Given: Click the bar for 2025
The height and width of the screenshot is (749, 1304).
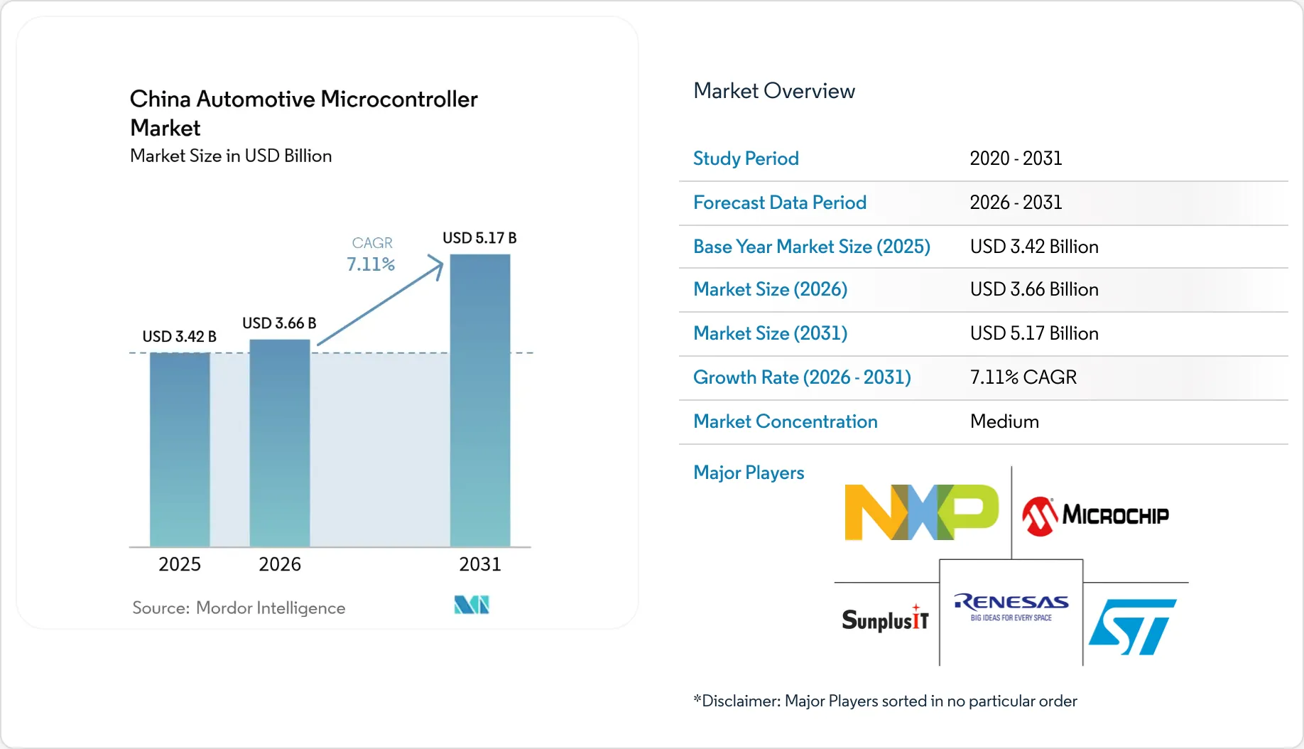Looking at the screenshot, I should (x=180, y=449).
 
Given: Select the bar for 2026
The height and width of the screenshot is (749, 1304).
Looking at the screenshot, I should (x=280, y=443).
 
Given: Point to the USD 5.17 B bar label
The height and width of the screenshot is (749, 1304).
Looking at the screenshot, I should (x=479, y=238).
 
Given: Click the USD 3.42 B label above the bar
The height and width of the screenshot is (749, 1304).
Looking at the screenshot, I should (x=179, y=336).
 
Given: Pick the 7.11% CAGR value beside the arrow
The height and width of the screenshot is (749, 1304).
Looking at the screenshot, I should (x=370, y=264).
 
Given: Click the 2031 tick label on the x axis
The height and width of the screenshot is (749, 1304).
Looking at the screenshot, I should (x=480, y=564).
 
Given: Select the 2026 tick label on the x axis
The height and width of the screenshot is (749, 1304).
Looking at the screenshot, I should (x=280, y=564).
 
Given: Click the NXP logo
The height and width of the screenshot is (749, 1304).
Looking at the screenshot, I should (x=921, y=512).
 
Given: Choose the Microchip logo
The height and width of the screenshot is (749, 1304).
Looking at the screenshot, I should (x=1095, y=516).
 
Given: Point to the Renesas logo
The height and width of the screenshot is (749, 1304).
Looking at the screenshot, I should (x=1011, y=607).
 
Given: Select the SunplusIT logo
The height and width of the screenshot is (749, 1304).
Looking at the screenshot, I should (x=885, y=619).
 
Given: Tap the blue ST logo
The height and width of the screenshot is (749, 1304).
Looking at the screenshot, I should (x=1132, y=626).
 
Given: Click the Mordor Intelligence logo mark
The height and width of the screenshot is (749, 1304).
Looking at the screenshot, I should (x=472, y=605).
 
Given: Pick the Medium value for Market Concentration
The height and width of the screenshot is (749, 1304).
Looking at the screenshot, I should (x=1004, y=421).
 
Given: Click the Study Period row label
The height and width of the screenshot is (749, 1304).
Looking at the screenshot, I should (x=746, y=158).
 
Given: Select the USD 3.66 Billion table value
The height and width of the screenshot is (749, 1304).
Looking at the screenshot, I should (x=1034, y=289).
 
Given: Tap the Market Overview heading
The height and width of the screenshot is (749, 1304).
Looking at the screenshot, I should (x=774, y=91).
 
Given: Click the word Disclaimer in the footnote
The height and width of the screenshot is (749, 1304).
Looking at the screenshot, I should (x=741, y=701).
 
